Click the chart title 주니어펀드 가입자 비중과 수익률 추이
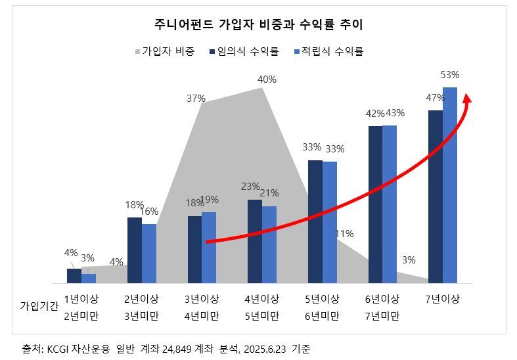pos(258,25)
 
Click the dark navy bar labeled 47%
pos(435,196)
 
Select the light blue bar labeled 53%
pos(450,185)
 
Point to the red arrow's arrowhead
pos(468,99)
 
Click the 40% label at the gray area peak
pos(267,79)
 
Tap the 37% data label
pos(196,99)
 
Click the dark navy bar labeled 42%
pos(375,204)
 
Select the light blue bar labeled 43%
pos(390,204)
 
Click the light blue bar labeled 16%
pos(149,254)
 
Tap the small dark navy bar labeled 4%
pos(74,276)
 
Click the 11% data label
pos(344,234)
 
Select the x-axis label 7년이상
pos(442,299)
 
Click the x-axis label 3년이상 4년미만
pos(201,307)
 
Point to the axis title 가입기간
pos(39,305)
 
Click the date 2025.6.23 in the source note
pos(265,348)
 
